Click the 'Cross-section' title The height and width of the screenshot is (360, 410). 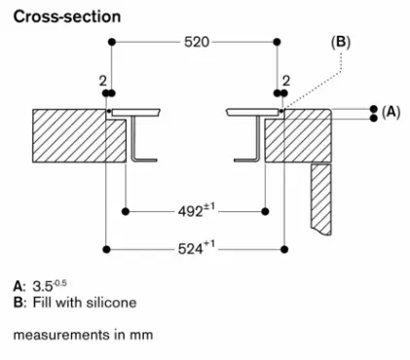pyautogui.click(x=67, y=17)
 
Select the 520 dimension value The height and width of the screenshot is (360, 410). pyautogui.click(x=197, y=42)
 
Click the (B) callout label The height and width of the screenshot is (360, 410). pyautogui.click(x=341, y=43)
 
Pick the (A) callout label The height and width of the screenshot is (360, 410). pyautogui.click(x=391, y=112)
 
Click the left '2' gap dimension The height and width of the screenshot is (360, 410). pyautogui.click(x=103, y=81)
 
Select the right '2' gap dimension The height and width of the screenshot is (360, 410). pyautogui.click(x=285, y=81)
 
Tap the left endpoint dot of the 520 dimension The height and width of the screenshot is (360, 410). pyautogui.click(x=112, y=42)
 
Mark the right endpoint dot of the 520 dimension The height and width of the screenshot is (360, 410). pyautogui.click(x=277, y=42)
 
